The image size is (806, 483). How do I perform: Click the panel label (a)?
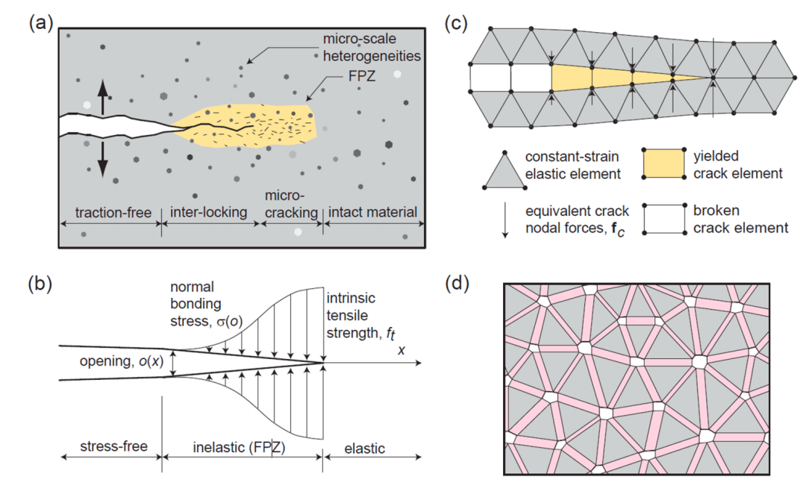click(41, 24)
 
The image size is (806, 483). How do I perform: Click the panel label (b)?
click(41, 284)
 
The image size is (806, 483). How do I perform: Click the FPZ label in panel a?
click(362, 76)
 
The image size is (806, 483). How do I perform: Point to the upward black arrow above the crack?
click(103, 97)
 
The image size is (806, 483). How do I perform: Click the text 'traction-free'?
click(113, 213)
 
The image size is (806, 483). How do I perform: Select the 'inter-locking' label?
click(209, 212)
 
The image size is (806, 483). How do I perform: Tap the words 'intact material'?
click(372, 212)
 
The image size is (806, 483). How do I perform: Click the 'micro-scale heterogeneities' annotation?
click(372, 47)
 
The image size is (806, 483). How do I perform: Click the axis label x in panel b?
click(402, 350)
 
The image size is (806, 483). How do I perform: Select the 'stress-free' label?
click(113, 446)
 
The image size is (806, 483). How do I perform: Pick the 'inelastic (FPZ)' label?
click(239, 447)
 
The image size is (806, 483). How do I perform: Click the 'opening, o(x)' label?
click(122, 361)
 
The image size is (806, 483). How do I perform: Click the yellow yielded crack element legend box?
click(663, 163)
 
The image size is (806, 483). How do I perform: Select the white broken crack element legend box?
click(663, 219)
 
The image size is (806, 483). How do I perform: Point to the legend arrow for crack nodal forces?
click(505, 219)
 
